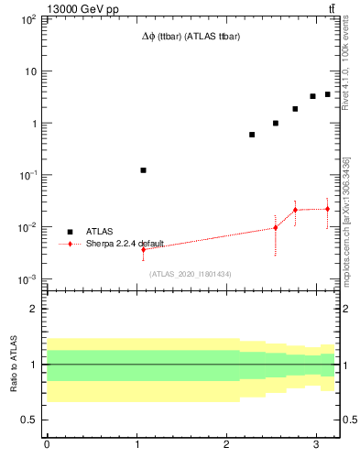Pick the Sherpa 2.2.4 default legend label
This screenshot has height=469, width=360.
coord(125,244)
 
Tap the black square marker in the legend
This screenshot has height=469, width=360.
coord(70,232)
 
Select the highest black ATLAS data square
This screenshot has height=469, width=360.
coord(327,94)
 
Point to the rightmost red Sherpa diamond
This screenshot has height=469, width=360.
coord(327,209)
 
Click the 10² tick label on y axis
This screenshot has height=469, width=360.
coord(28,19)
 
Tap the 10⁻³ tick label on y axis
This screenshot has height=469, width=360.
coord(28,279)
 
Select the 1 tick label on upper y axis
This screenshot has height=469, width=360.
coord(33,124)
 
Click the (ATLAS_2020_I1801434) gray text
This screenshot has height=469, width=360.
coord(191,274)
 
